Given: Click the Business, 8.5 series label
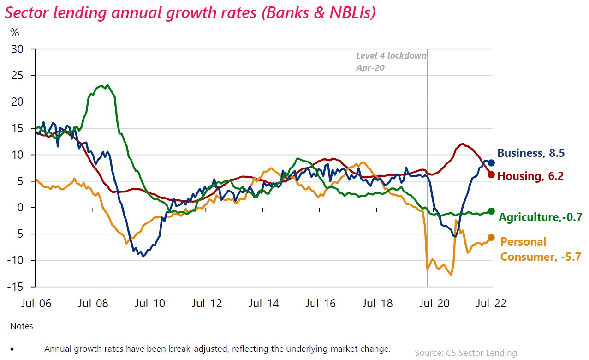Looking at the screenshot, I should point(531,153).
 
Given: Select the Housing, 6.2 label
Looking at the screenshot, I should point(530,176).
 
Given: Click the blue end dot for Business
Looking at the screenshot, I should point(491,162).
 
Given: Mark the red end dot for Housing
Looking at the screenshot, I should point(491,174).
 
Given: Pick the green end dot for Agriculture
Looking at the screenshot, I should point(491,211).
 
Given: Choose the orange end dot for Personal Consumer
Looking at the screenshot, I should point(491,237).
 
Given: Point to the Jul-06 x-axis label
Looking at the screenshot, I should point(36,304).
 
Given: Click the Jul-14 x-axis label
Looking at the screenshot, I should point(263,304).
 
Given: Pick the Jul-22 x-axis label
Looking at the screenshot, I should point(491,304).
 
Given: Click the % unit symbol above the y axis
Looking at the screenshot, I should point(15,32).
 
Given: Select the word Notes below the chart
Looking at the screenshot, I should point(22,326).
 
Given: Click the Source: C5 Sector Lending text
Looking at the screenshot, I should point(465,353).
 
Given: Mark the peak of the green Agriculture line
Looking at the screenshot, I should point(107,85).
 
